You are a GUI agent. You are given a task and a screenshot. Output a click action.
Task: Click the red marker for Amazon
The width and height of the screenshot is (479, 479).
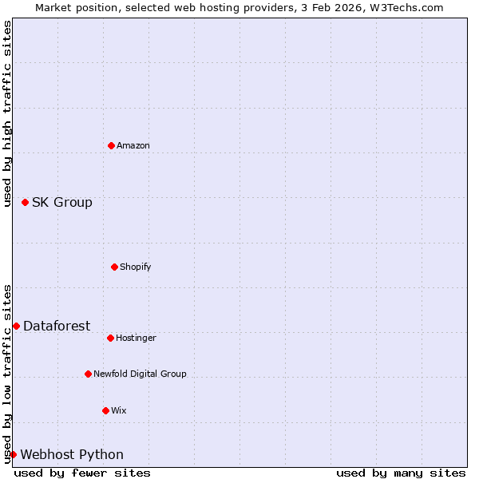(111, 145)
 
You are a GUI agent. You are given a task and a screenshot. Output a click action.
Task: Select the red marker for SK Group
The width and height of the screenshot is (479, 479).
(25, 202)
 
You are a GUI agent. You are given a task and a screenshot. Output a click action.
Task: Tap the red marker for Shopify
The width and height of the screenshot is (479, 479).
(114, 267)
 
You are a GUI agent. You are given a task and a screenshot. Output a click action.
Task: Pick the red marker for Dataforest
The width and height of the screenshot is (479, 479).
(16, 326)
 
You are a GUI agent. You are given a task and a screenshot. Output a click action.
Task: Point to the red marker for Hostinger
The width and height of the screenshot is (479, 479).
(110, 338)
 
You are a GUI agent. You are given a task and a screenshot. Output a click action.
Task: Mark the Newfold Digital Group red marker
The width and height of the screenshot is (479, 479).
(88, 374)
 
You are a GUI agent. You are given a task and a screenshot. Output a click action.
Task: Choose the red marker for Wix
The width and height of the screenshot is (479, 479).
(105, 410)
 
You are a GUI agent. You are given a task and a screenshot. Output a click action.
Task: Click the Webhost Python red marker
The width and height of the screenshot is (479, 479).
(13, 454)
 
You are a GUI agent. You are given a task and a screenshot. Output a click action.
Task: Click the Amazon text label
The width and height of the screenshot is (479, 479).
(133, 145)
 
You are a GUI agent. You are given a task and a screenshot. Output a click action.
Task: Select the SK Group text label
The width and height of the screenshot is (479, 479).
(62, 202)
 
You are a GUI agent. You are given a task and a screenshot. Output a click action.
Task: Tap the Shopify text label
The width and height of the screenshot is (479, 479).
(136, 267)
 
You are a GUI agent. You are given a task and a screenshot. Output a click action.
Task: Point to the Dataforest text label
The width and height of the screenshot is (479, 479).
(57, 326)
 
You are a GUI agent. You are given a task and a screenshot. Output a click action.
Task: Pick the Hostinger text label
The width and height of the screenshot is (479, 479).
(137, 338)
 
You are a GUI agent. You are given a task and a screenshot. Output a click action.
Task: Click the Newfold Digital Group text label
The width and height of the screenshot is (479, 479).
(140, 374)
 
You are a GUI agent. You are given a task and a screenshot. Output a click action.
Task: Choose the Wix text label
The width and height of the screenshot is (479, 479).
(119, 410)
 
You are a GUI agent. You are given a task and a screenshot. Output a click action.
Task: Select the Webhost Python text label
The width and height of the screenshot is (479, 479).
(72, 454)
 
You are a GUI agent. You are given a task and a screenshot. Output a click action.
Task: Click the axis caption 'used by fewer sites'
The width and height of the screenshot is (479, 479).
(82, 473)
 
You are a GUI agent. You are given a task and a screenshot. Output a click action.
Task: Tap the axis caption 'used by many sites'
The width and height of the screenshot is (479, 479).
(401, 473)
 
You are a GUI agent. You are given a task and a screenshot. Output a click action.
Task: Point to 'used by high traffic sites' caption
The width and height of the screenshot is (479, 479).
(7, 113)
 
